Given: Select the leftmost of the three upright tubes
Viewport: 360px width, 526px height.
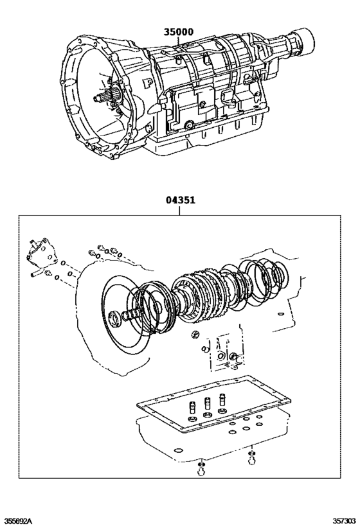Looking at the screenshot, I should (192, 409).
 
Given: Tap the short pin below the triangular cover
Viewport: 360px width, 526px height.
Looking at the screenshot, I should (32, 274).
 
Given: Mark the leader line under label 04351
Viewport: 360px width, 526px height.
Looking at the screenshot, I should (180, 211).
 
